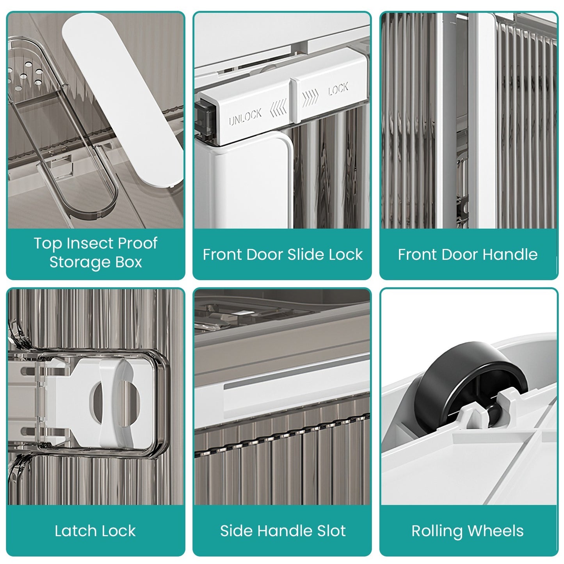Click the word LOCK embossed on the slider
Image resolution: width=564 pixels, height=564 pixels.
click(338, 89)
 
